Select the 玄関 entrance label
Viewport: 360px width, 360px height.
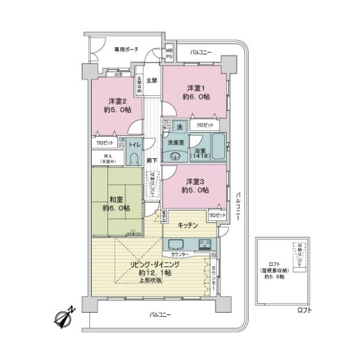click(x=152, y=80)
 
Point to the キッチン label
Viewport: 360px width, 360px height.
click(x=188, y=224)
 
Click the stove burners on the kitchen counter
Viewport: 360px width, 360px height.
click(x=205, y=244)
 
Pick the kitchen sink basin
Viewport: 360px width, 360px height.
click(x=178, y=245)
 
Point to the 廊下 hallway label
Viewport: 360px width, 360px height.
click(x=152, y=161)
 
